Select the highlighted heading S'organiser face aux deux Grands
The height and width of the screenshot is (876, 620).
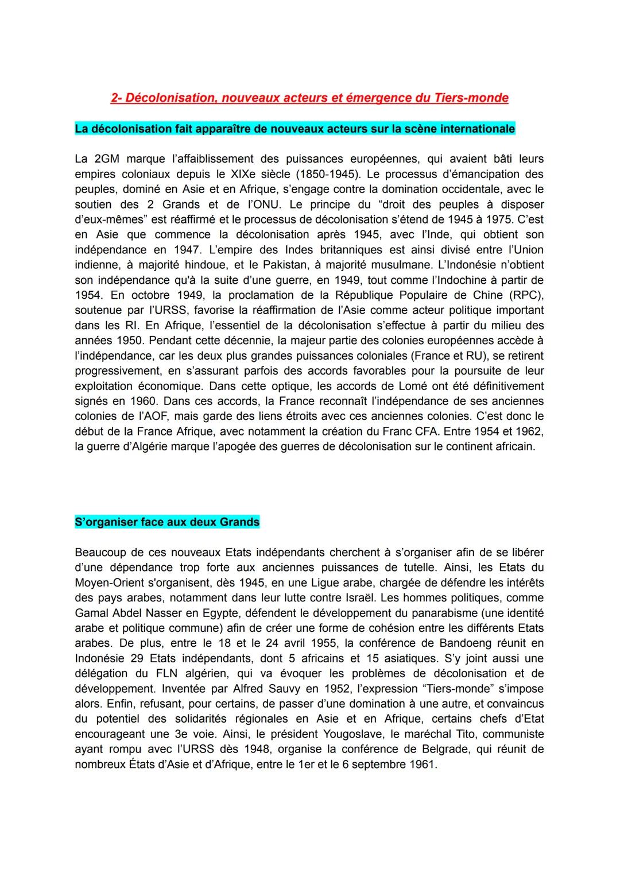[x=167, y=522]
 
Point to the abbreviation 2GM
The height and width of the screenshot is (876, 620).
[x=104, y=159]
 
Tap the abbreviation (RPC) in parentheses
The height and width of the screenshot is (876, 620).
[x=524, y=295]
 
